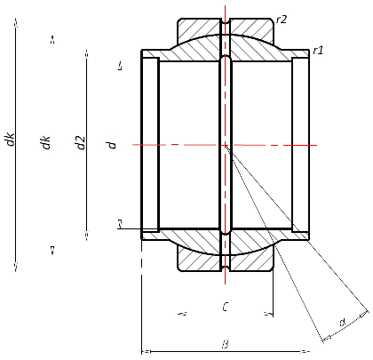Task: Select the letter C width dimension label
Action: (x=226, y=308)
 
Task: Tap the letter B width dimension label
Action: (x=226, y=342)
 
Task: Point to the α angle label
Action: (x=342, y=323)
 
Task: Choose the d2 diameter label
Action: (x=81, y=143)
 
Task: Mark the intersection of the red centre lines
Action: (x=226, y=144)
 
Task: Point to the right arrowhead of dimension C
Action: (x=268, y=314)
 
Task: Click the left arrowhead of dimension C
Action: (x=182, y=314)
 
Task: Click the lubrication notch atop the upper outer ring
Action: (x=226, y=20)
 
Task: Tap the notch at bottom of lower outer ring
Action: (x=226, y=267)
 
